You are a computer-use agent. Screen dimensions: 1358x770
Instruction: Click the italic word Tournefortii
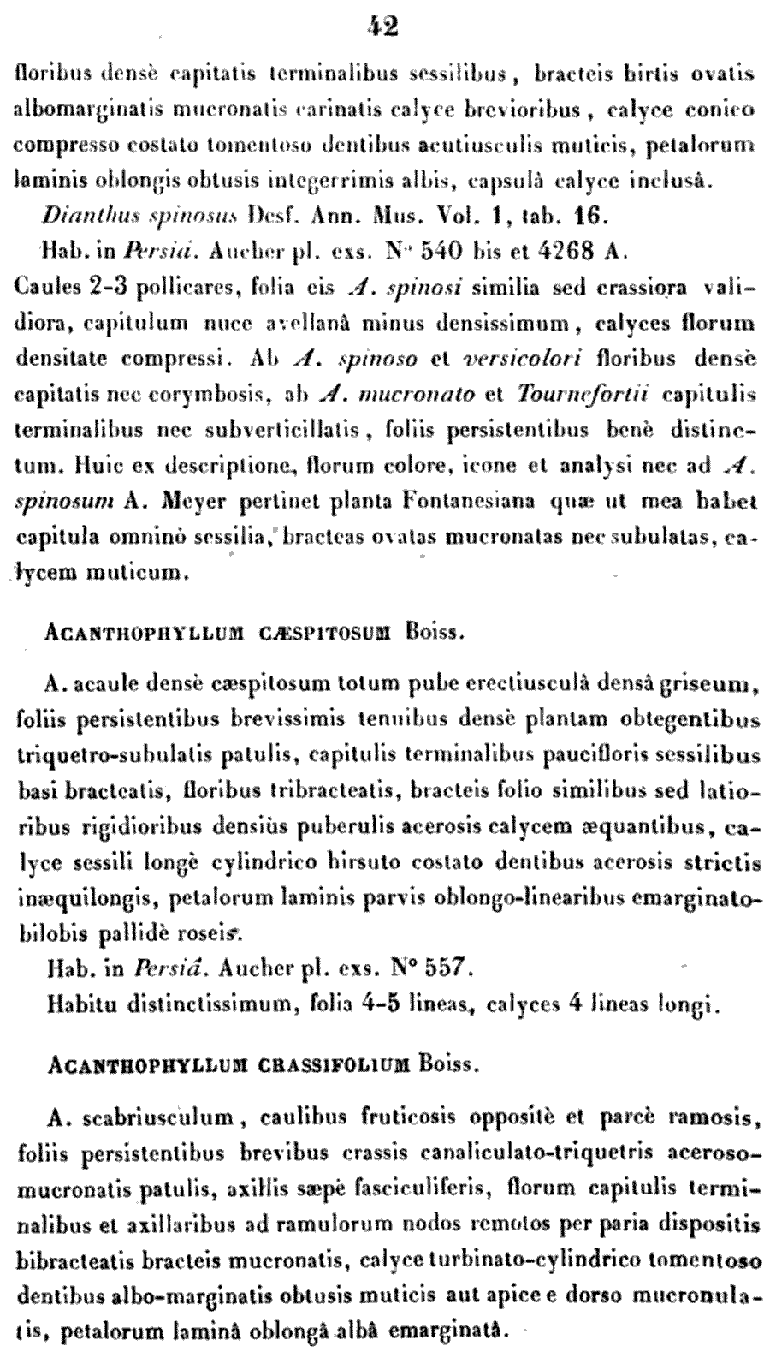tap(583, 396)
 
